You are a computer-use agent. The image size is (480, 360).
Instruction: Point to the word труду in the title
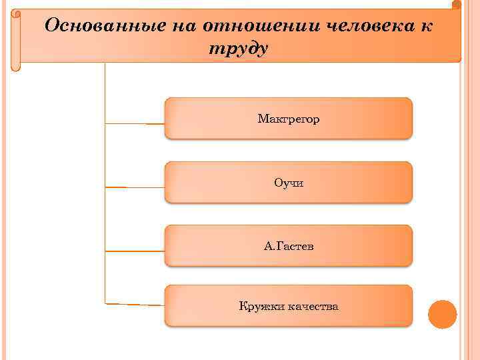coord(239,49)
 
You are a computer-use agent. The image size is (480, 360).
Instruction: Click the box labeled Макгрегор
coord(288,118)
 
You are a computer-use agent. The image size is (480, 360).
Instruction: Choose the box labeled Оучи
coord(288,182)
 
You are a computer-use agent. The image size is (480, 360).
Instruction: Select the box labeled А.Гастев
coord(288,245)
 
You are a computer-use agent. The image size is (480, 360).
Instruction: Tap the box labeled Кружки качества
coord(288,306)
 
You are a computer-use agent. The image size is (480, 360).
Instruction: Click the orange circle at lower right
coord(442,314)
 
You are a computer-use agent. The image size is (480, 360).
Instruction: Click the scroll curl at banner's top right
coord(456,5)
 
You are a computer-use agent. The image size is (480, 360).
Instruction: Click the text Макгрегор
coord(288,119)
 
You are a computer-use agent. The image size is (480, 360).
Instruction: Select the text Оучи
coord(288,183)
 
